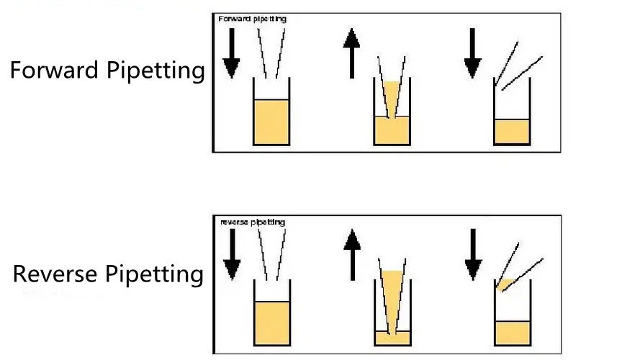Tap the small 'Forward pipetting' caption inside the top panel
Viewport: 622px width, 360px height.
click(x=252, y=19)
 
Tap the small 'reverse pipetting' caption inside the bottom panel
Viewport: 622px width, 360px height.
click(x=252, y=222)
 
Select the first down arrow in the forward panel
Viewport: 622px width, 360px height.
click(x=231, y=57)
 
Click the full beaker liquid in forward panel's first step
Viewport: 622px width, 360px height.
click(x=271, y=122)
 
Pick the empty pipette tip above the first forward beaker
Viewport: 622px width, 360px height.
click(x=271, y=50)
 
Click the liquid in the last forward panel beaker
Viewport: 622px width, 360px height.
click(x=512, y=131)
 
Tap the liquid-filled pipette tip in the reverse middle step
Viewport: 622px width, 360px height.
click(x=392, y=295)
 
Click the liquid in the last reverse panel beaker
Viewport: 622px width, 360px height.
click(x=512, y=333)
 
